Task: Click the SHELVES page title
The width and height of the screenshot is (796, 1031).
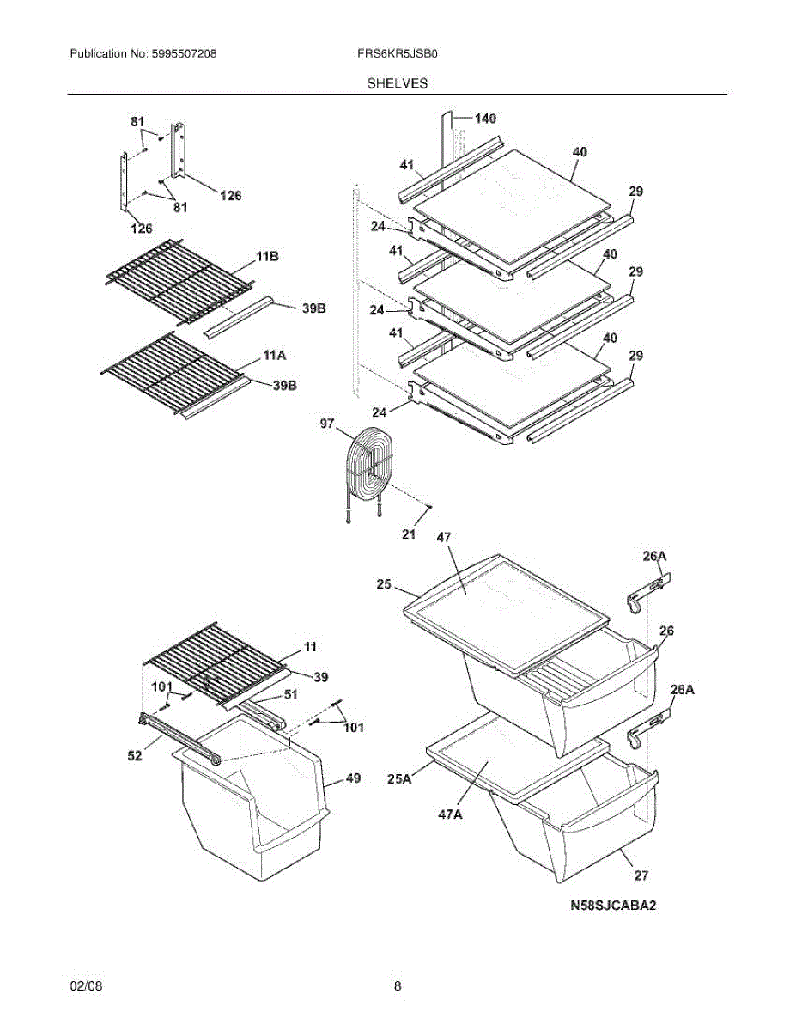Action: click(x=398, y=83)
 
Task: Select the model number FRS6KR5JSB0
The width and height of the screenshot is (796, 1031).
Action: click(x=398, y=53)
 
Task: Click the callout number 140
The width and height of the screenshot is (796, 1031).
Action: click(x=485, y=119)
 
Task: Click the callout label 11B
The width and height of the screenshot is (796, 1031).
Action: click(x=266, y=257)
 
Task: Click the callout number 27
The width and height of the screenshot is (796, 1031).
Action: click(x=641, y=875)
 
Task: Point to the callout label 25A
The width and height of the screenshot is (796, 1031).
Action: click(x=399, y=778)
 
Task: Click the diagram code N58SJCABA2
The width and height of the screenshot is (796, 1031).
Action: click(x=617, y=906)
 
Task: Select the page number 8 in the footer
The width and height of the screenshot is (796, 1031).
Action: click(x=398, y=986)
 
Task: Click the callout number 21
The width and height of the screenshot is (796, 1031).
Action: click(x=409, y=534)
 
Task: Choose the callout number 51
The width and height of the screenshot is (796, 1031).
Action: click(x=290, y=696)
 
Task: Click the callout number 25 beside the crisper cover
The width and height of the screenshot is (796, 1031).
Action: click(x=383, y=584)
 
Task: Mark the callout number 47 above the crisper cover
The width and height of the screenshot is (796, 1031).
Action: click(x=443, y=537)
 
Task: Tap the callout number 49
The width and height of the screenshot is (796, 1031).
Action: click(x=353, y=778)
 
